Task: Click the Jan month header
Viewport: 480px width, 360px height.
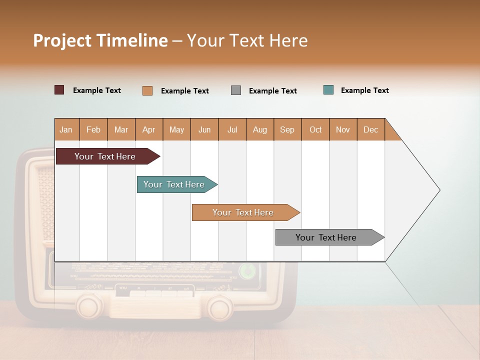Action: click(x=66, y=129)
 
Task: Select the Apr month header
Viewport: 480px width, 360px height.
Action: click(x=148, y=129)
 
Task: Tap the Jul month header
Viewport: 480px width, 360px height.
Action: click(x=232, y=129)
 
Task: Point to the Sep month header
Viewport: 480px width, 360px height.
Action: click(x=287, y=129)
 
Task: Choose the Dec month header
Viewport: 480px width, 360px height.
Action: click(x=370, y=129)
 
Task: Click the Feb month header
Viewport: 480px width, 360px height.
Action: click(x=93, y=129)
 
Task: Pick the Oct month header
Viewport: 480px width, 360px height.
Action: click(x=315, y=129)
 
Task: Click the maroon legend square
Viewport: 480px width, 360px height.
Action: click(x=59, y=90)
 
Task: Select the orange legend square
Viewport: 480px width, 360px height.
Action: click(x=147, y=90)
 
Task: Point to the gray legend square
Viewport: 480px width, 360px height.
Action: click(x=236, y=90)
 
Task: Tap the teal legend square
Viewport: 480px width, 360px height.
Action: click(x=328, y=90)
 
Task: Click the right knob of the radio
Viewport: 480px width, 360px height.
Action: click(x=220, y=306)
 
